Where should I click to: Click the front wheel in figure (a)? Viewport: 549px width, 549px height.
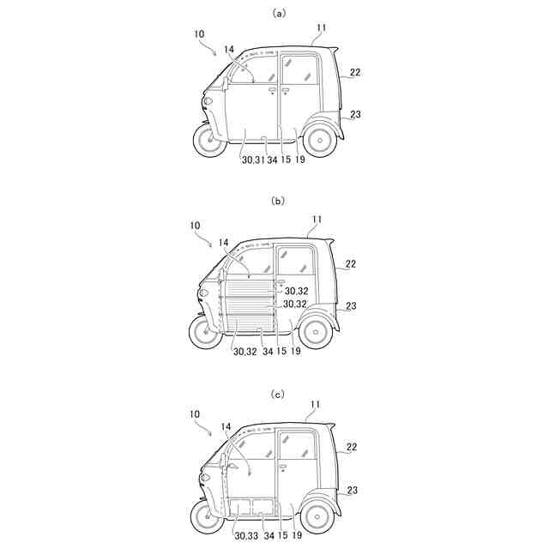pos(208,140)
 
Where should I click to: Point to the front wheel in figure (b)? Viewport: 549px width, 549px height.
pos(207,330)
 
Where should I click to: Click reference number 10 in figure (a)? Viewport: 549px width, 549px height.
pos(199,35)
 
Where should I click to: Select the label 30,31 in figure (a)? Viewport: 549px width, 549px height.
pos(252,160)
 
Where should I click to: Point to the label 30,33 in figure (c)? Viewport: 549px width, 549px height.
pos(246,538)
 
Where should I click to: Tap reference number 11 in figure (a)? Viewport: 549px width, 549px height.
pos(321,27)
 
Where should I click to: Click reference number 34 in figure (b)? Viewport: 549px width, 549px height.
pos(269,351)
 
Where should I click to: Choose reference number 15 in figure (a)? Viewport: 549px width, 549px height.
pos(285,160)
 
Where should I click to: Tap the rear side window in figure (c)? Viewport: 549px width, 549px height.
pos(297,445)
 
